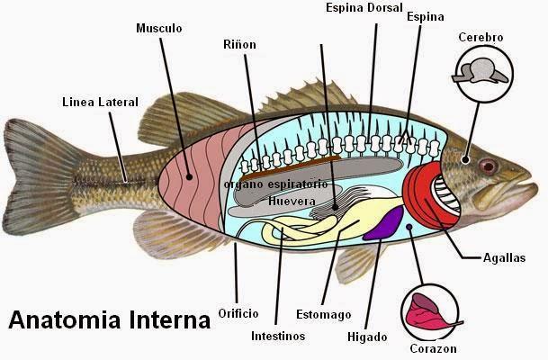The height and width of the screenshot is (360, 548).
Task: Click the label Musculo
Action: pyautogui.click(x=159, y=28)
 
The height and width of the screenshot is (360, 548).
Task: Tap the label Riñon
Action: pyautogui.click(x=239, y=44)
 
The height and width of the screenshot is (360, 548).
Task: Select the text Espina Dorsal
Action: pyautogui.click(x=364, y=8)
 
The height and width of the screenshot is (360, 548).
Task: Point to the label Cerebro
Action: pyautogui.click(x=481, y=37)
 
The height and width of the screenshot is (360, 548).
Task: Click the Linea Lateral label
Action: pyautogui.click(x=100, y=102)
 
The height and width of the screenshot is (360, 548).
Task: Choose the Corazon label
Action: pyautogui.click(x=433, y=348)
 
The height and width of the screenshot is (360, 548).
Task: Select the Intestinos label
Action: pyautogui.click(x=278, y=337)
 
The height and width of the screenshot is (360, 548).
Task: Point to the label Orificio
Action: pyautogui.click(x=238, y=313)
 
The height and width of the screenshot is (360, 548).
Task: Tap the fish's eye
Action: pyautogui.click(x=488, y=166)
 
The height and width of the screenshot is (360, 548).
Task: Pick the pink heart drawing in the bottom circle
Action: pyautogui.click(x=428, y=311)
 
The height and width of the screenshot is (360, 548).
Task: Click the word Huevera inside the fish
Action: pyautogui.click(x=290, y=202)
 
